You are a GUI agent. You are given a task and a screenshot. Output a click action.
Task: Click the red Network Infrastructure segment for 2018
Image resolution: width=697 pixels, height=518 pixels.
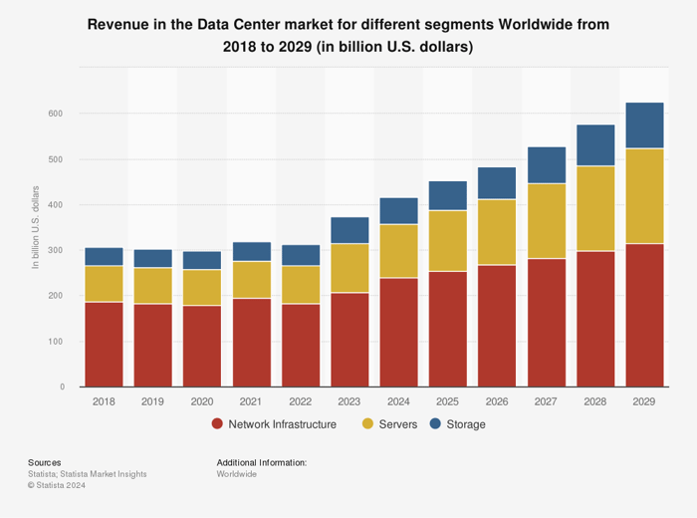pos(104,344)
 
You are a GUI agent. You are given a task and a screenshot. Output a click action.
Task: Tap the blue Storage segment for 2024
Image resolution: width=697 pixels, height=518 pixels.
pos(398,211)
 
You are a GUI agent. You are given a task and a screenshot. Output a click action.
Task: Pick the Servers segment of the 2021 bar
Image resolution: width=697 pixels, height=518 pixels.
pos(251,280)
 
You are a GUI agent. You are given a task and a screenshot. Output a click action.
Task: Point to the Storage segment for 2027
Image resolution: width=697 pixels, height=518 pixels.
pos(546,165)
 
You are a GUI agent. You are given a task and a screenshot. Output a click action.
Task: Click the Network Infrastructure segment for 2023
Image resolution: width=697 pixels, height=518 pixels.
pos(349,340)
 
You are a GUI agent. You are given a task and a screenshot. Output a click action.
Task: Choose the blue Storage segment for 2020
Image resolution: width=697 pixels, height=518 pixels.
pos(202,260)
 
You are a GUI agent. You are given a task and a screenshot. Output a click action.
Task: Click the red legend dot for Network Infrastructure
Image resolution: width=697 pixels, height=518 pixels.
pos(217,424)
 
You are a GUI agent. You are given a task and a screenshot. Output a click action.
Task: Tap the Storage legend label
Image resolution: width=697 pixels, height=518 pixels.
pos(466,424)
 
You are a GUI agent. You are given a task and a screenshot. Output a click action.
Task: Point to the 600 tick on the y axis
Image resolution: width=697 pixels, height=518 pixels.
pos(55,114)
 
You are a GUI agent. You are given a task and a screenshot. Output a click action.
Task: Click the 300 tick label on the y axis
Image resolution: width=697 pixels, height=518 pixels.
pos(55,250)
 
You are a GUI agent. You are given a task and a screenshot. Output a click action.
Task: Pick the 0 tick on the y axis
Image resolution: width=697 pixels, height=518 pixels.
pos(62,388)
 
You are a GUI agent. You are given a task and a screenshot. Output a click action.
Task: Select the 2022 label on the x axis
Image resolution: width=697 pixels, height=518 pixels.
pos(301,400)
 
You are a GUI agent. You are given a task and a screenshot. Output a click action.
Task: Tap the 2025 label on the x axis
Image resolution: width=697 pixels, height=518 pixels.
pos(448,400)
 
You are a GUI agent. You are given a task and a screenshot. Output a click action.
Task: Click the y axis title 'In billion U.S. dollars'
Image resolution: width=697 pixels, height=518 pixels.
pos(36,227)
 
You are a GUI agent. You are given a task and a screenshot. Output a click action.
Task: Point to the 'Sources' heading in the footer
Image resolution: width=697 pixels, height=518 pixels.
pos(44,462)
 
